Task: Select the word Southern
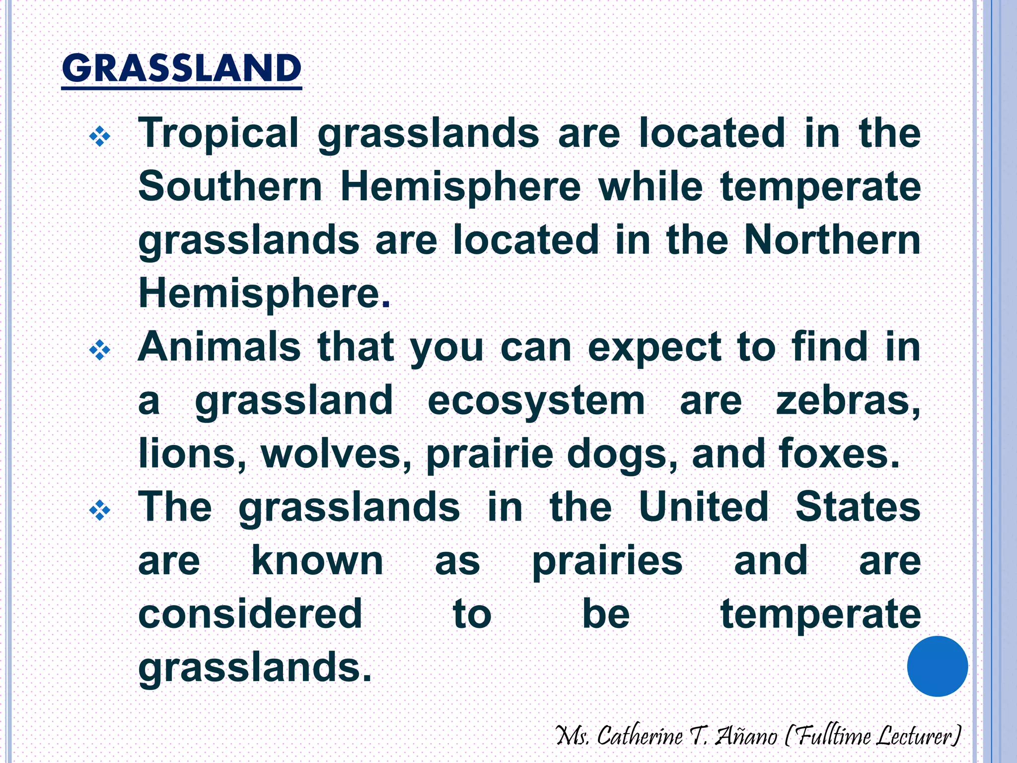click(x=230, y=186)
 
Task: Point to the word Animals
click(x=219, y=347)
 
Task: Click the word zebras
click(x=848, y=400)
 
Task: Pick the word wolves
click(x=336, y=454)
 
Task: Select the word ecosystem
click(x=536, y=400)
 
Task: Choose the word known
click(x=317, y=560)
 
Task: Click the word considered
click(x=250, y=613)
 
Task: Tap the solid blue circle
click(x=937, y=666)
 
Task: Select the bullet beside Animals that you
click(x=99, y=351)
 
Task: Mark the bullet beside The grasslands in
click(x=99, y=510)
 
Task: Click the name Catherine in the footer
click(x=640, y=736)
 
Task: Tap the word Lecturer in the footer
click(x=917, y=736)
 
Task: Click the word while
click(x=651, y=186)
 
